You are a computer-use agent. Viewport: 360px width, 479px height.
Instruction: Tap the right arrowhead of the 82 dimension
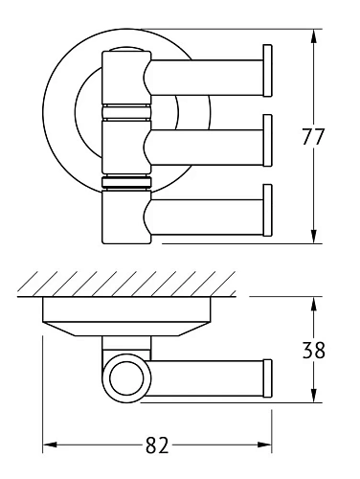pyautogui.click(x=270, y=446)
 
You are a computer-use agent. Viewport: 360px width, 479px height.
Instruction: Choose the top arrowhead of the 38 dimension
pyautogui.click(x=315, y=301)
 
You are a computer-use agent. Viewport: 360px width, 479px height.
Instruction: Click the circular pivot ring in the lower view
pyautogui.click(x=124, y=377)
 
